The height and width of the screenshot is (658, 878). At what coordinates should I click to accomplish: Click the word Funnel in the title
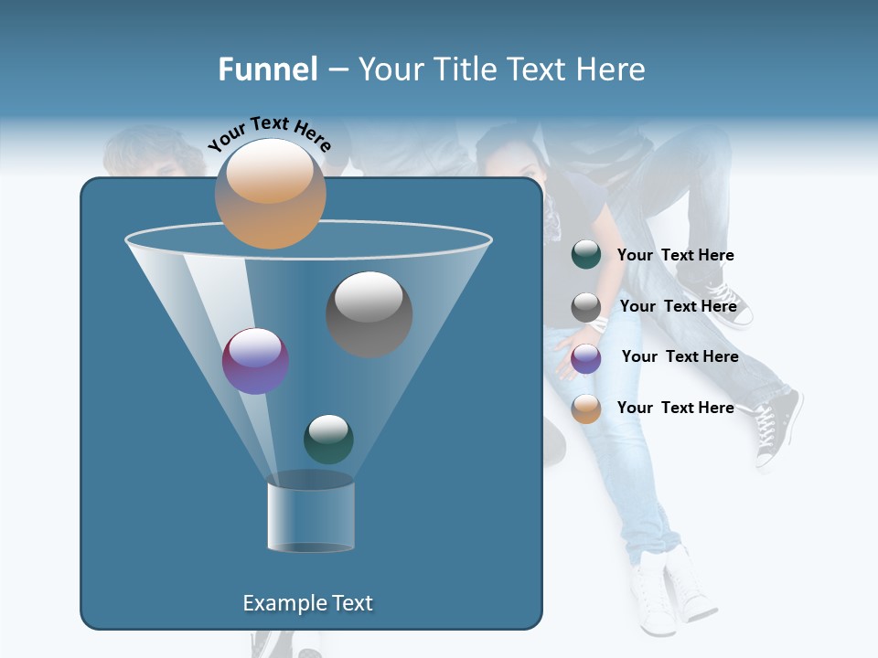click(267, 69)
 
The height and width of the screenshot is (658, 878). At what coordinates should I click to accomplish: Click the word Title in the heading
click(463, 69)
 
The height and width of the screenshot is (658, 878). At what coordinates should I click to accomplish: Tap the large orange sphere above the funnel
click(270, 193)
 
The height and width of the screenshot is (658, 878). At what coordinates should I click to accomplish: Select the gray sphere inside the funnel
click(369, 313)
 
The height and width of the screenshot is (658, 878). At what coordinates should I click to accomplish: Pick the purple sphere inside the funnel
click(255, 361)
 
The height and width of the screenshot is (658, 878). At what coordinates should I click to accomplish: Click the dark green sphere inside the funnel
click(328, 439)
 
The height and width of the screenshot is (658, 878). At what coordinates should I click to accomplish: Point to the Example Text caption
click(307, 603)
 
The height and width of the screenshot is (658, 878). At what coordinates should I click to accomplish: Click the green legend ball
click(586, 255)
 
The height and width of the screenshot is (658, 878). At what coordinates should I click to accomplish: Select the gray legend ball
click(586, 307)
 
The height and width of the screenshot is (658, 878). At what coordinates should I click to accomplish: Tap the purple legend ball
click(586, 358)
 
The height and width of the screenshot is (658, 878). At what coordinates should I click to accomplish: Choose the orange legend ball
click(586, 409)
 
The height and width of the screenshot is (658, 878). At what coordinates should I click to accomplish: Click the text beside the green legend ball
click(675, 255)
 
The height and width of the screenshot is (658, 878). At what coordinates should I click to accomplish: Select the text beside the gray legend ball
click(678, 306)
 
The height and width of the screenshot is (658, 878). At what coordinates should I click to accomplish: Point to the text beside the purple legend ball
click(680, 356)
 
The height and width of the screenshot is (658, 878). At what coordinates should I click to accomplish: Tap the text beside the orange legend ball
click(675, 408)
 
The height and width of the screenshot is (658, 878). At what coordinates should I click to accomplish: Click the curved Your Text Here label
click(269, 133)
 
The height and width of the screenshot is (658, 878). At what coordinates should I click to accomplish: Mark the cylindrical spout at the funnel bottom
click(310, 513)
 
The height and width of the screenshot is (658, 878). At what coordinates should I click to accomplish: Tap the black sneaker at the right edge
click(777, 425)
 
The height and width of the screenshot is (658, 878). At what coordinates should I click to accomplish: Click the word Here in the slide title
click(613, 69)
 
